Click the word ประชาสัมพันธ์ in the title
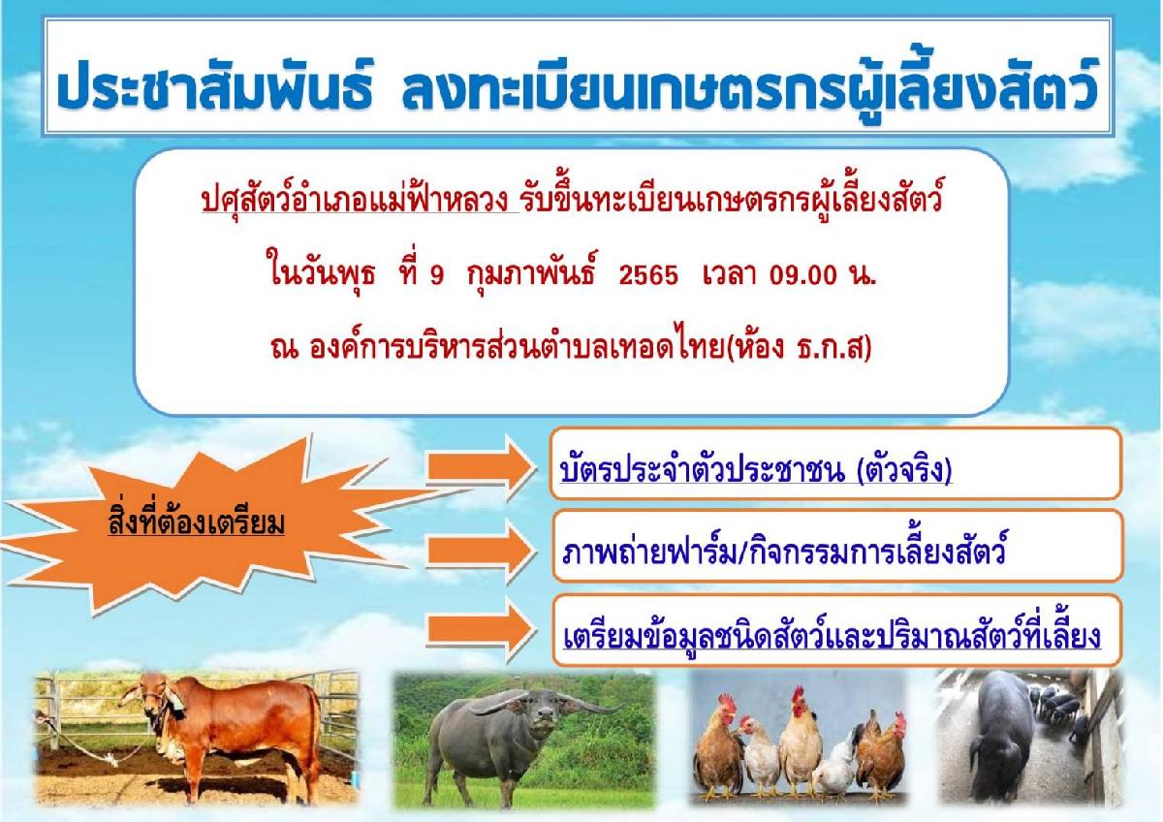tap(214, 87)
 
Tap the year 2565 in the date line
tap(648, 274)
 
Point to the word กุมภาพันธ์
tap(532, 272)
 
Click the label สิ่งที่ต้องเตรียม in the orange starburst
tap(196, 521)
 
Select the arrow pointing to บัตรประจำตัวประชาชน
tap(481, 468)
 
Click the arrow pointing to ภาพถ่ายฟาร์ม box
tap(481, 553)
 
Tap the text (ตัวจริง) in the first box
tap(905, 470)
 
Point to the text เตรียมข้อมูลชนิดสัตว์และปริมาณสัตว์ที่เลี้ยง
tap(832, 636)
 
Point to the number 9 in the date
tap(436, 275)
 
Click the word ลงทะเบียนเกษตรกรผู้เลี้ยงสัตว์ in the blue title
tap(749, 89)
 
